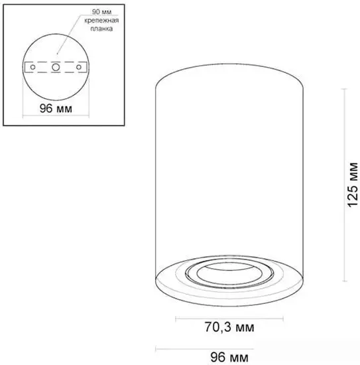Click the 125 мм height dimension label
pyautogui.click(x=352, y=185)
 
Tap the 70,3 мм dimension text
pyautogui.click(x=229, y=327)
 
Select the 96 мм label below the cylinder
pyautogui.click(x=229, y=357)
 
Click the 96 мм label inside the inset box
pyautogui.click(x=56, y=108)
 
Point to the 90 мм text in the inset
pyautogui.click(x=101, y=12)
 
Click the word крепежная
pyautogui.click(x=101, y=21)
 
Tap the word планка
pyautogui.click(x=101, y=29)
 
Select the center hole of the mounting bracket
pyautogui.click(x=56, y=67)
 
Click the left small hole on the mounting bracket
pyautogui.click(x=32, y=67)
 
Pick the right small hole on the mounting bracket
pyautogui.click(x=79, y=67)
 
